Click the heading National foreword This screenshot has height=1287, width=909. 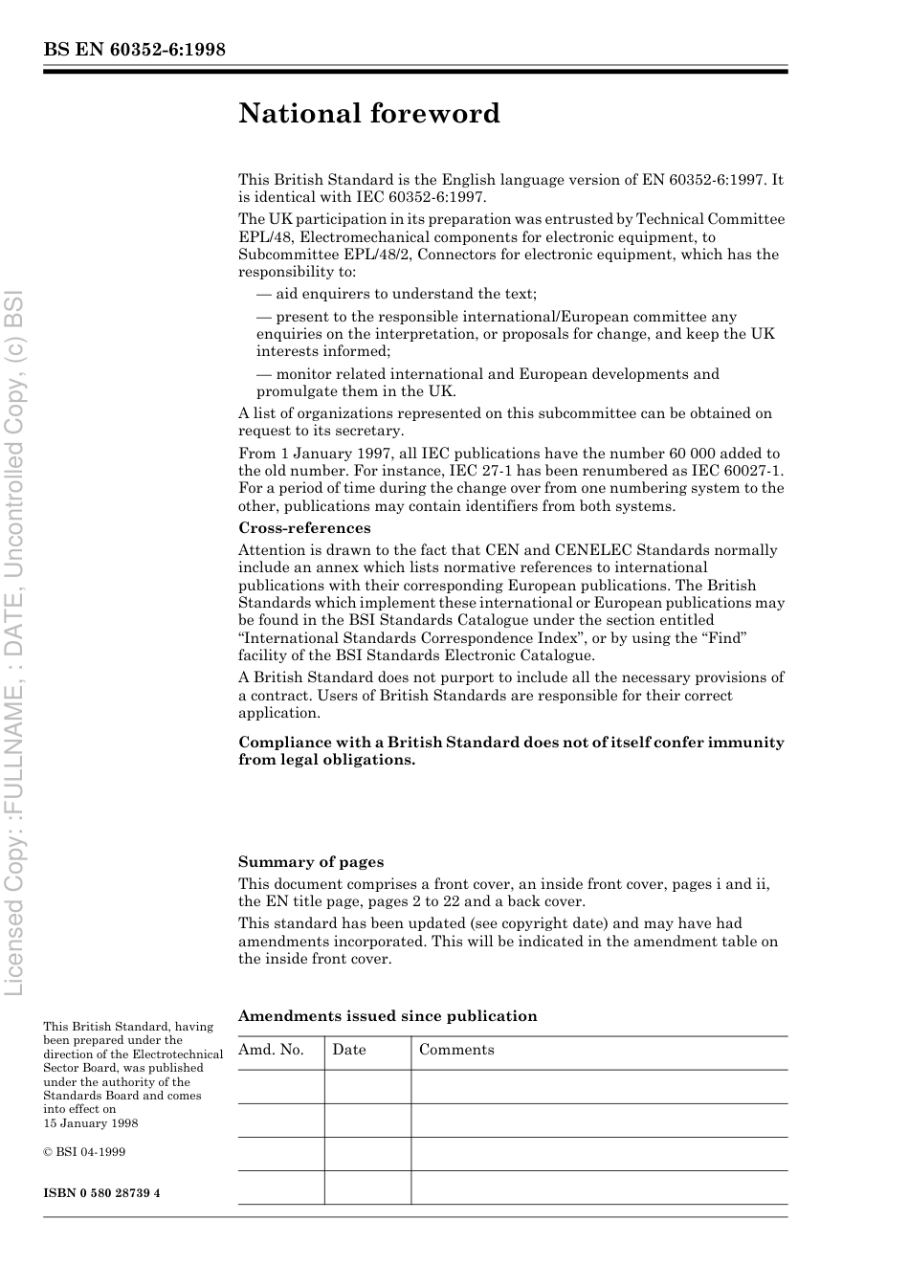tap(369, 114)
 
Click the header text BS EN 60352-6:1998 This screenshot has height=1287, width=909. tap(134, 50)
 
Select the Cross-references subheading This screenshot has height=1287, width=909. tap(304, 528)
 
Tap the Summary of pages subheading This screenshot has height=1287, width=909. tap(311, 861)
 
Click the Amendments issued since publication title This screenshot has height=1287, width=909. tap(388, 1016)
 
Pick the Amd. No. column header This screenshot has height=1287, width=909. tap(271, 1050)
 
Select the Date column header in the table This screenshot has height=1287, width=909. tap(349, 1050)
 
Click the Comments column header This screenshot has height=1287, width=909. tap(456, 1050)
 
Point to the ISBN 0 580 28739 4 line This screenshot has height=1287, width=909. tap(101, 1193)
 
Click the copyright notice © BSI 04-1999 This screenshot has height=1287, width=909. tap(84, 1152)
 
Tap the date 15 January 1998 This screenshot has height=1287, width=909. tap(91, 1123)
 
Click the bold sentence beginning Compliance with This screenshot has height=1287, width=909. tap(511, 750)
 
